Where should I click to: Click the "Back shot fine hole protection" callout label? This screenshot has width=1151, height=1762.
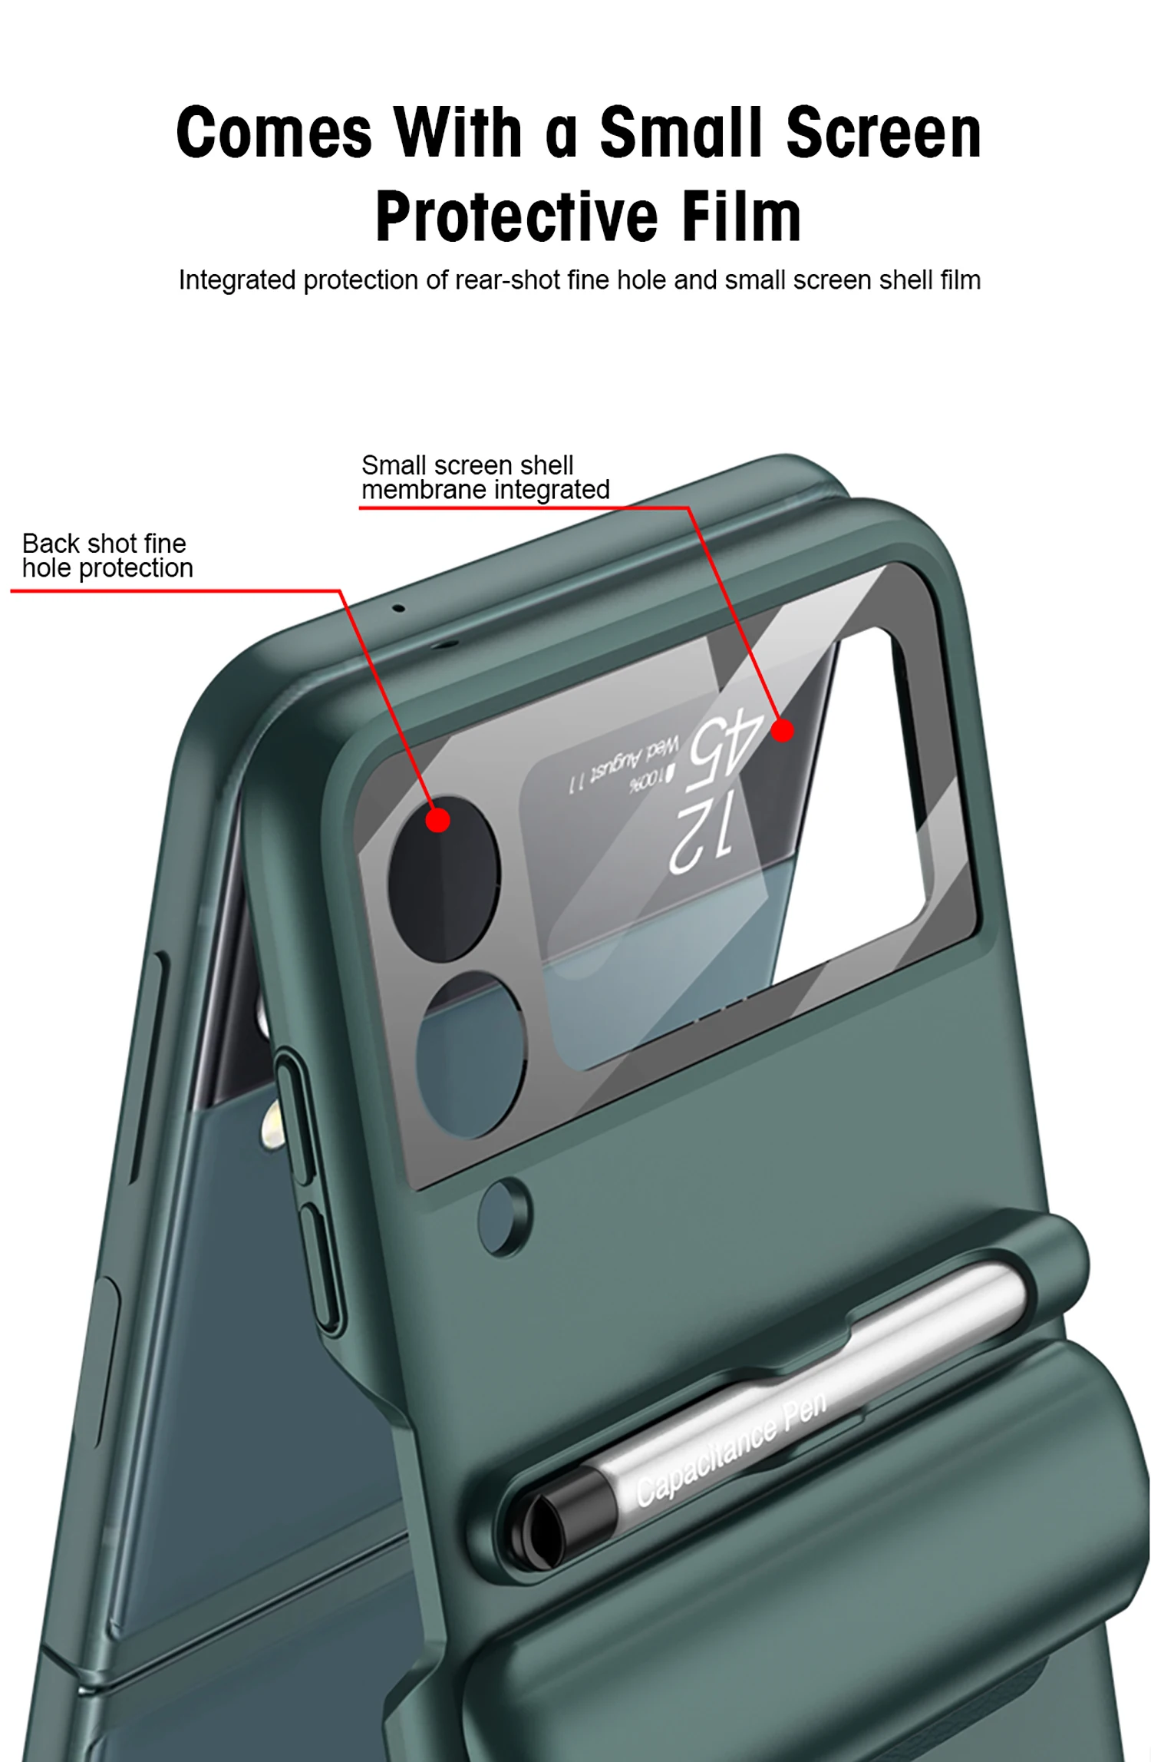(107, 556)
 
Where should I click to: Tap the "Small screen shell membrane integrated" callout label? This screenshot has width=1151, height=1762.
(485, 478)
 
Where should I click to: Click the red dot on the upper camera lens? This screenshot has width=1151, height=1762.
(437, 820)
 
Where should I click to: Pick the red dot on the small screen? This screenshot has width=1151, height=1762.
(782, 730)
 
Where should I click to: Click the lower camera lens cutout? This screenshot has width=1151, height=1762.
(470, 1055)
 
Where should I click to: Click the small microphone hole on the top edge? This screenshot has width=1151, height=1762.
(398, 609)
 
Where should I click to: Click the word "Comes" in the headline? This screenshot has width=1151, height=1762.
(274, 133)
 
